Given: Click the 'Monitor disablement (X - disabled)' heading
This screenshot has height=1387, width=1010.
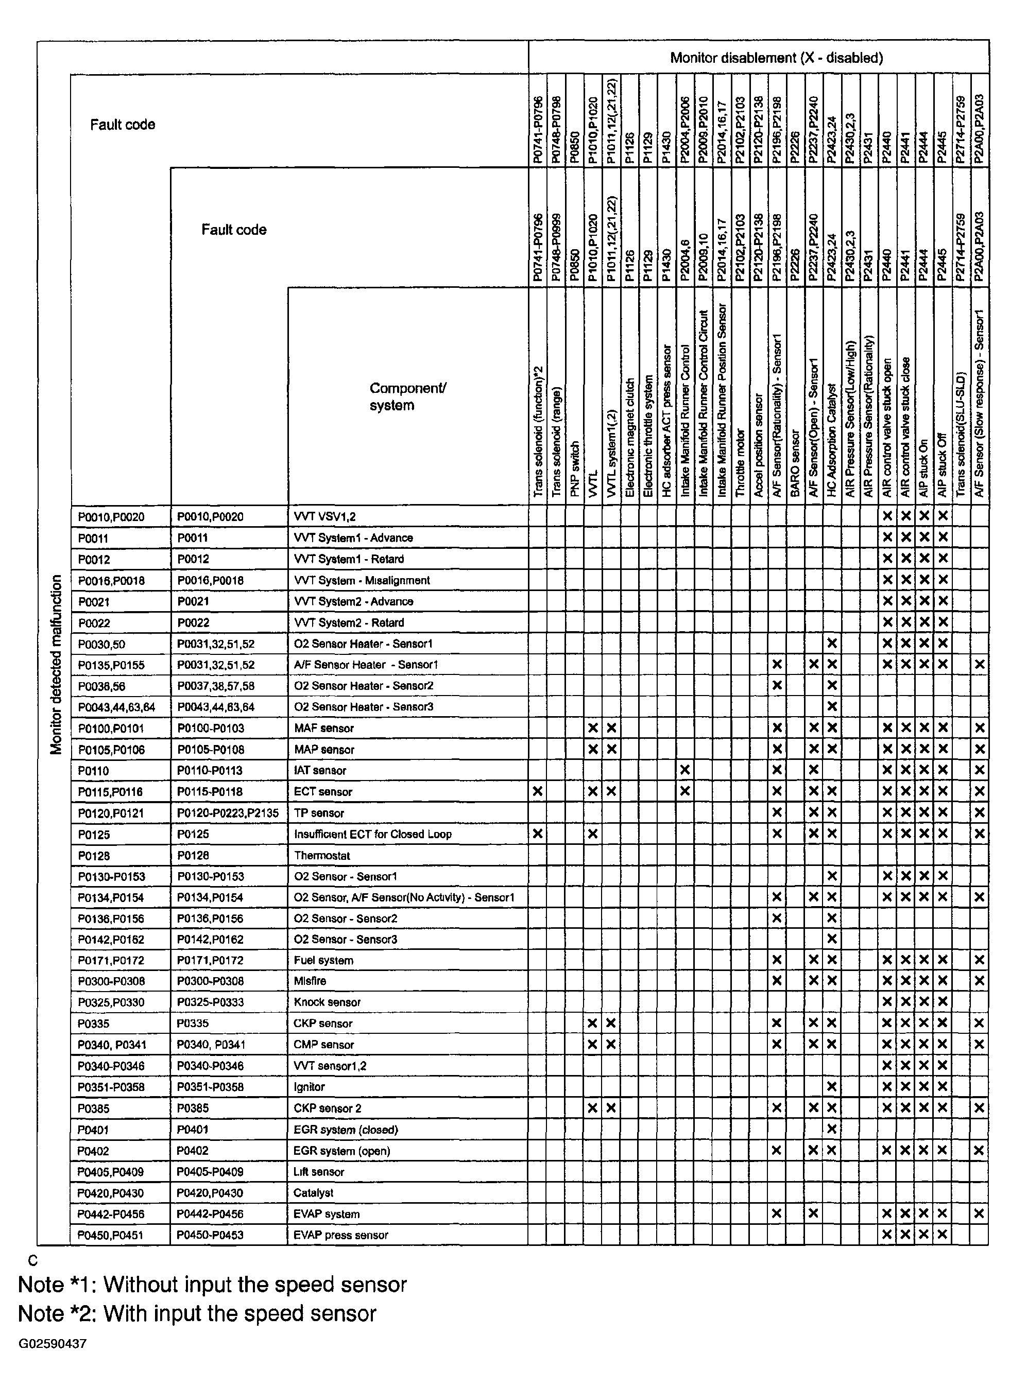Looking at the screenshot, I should (x=776, y=58).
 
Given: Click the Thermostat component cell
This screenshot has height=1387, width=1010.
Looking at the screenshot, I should (x=322, y=856).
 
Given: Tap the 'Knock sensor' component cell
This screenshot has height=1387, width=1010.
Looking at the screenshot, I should (x=327, y=1002).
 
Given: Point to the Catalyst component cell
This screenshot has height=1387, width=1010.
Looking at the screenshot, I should (x=313, y=1193).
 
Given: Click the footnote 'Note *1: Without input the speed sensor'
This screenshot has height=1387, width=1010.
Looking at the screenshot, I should (x=212, y=1284).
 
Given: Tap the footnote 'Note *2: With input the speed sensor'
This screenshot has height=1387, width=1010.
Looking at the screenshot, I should (x=197, y=1313).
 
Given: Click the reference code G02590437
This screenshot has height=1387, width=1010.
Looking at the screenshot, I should (x=53, y=1344).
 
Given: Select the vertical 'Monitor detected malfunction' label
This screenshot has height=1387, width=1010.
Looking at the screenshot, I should (x=56, y=665).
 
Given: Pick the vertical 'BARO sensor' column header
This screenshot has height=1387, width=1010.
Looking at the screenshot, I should (x=795, y=463).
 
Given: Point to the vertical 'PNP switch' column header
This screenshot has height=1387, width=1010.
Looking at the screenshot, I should (x=574, y=469).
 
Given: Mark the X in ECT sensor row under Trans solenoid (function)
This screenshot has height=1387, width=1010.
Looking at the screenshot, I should (x=538, y=791).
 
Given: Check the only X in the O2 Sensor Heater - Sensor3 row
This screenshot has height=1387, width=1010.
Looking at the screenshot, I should (x=831, y=707).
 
